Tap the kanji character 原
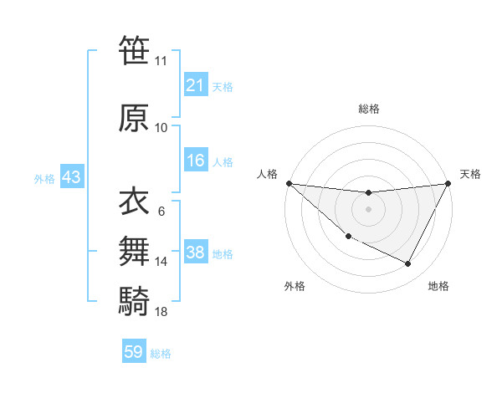tap(134, 118)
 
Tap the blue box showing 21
tap(195, 85)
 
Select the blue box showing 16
tap(195, 161)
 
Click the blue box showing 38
tap(195, 253)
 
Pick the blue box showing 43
tap(70, 178)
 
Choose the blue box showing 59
tap(134, 353)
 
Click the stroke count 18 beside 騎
tap(161, 312)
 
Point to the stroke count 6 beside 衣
tap(161, 211)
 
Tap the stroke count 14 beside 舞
tap(161, 262)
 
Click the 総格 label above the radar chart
tap(369, 109)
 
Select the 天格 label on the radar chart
tap(470, 174)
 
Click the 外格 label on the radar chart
tap(295, 286)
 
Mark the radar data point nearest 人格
tap(289, 183)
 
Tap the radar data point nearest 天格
tap(449, 183)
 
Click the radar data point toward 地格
tap(408, 264)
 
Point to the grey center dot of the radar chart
tap(369, 209)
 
